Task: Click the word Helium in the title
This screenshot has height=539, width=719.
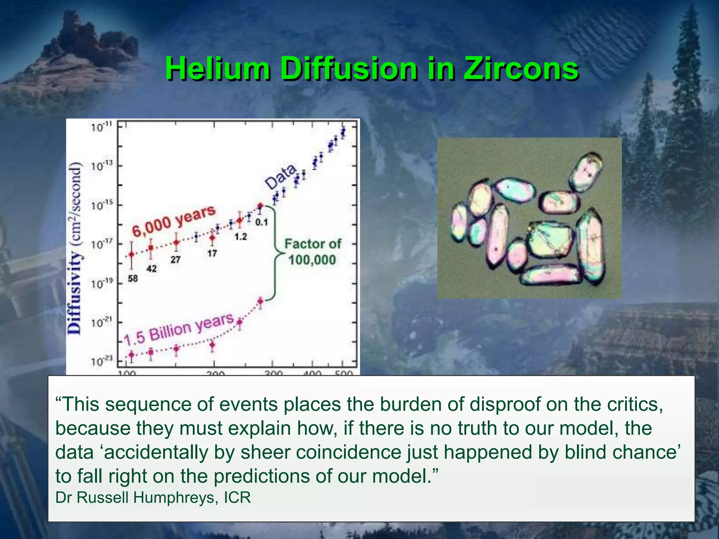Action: (x=218, y=68)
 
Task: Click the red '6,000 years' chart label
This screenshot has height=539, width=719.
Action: (x=173, y=221)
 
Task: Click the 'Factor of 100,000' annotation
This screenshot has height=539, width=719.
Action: (x=312, y=252)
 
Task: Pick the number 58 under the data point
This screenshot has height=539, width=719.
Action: (x=133, y=279)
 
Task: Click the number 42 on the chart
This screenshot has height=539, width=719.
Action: (x=151, y=269)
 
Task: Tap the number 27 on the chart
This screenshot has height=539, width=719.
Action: (x=176, y=259)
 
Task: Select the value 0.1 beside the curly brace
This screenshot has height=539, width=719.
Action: (x=261, y=222)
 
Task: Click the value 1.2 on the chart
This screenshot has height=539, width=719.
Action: (x=240, y=237)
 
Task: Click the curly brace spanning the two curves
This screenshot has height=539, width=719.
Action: (x=276, y=253)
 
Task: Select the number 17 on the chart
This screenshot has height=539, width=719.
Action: (x=212, y=253)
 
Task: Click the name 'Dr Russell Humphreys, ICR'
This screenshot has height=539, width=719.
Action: (x=153, y=498)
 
